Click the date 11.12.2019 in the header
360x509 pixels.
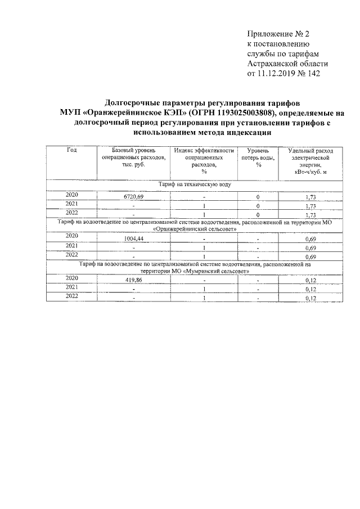coord(279,74)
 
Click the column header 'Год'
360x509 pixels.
coord(71,150)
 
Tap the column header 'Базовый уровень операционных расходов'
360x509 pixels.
coord(134,159)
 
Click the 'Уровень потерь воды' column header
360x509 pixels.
coord(259,155)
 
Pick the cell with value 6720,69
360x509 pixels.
coord(134,197)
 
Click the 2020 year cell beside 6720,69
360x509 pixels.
coord(71,195)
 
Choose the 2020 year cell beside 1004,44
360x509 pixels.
coord(71,237)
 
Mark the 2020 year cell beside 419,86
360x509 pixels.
coord(71,278)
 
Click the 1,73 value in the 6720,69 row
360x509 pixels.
coord(310,197)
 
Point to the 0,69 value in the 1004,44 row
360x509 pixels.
coord(310,239)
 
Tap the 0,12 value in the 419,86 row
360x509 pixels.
coord(310,280)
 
